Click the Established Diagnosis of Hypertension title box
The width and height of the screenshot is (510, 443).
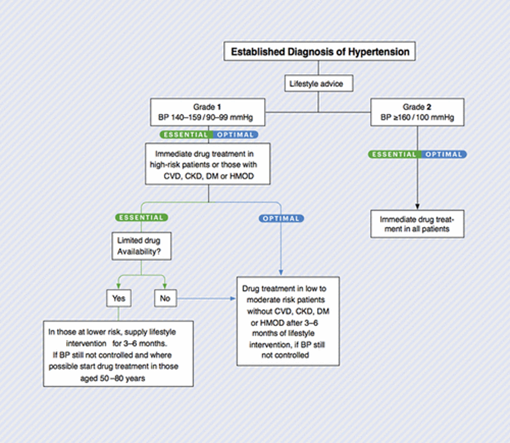319,51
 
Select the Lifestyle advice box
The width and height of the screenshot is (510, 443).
318,84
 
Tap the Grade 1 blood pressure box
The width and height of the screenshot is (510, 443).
208,112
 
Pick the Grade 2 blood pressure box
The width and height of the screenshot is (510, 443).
417,112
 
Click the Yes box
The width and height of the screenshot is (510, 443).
118,298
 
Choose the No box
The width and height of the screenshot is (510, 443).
165,298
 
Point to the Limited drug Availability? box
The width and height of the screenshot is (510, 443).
142,246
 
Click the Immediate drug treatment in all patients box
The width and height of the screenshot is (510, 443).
417,224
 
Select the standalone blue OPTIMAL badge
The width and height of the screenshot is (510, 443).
282,218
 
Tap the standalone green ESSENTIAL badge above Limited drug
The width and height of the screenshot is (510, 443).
142,218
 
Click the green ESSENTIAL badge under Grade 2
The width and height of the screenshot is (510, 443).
395,154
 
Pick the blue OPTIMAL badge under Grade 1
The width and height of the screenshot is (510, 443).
235,135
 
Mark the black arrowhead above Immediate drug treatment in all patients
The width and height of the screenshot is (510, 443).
417,207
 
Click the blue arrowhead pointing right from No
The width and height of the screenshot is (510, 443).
233,298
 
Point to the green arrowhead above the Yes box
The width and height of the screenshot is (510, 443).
118,286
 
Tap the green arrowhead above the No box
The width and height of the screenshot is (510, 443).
165,286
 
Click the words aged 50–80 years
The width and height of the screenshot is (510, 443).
112,378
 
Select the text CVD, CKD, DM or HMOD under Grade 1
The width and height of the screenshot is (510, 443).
208,176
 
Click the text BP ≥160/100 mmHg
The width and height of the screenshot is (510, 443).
417,118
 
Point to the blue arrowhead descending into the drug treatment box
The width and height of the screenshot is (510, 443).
281,272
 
